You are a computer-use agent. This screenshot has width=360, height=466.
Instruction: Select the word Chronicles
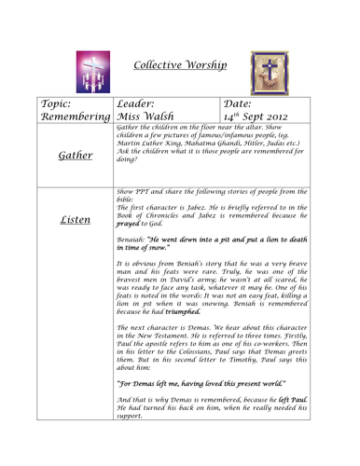168,242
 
